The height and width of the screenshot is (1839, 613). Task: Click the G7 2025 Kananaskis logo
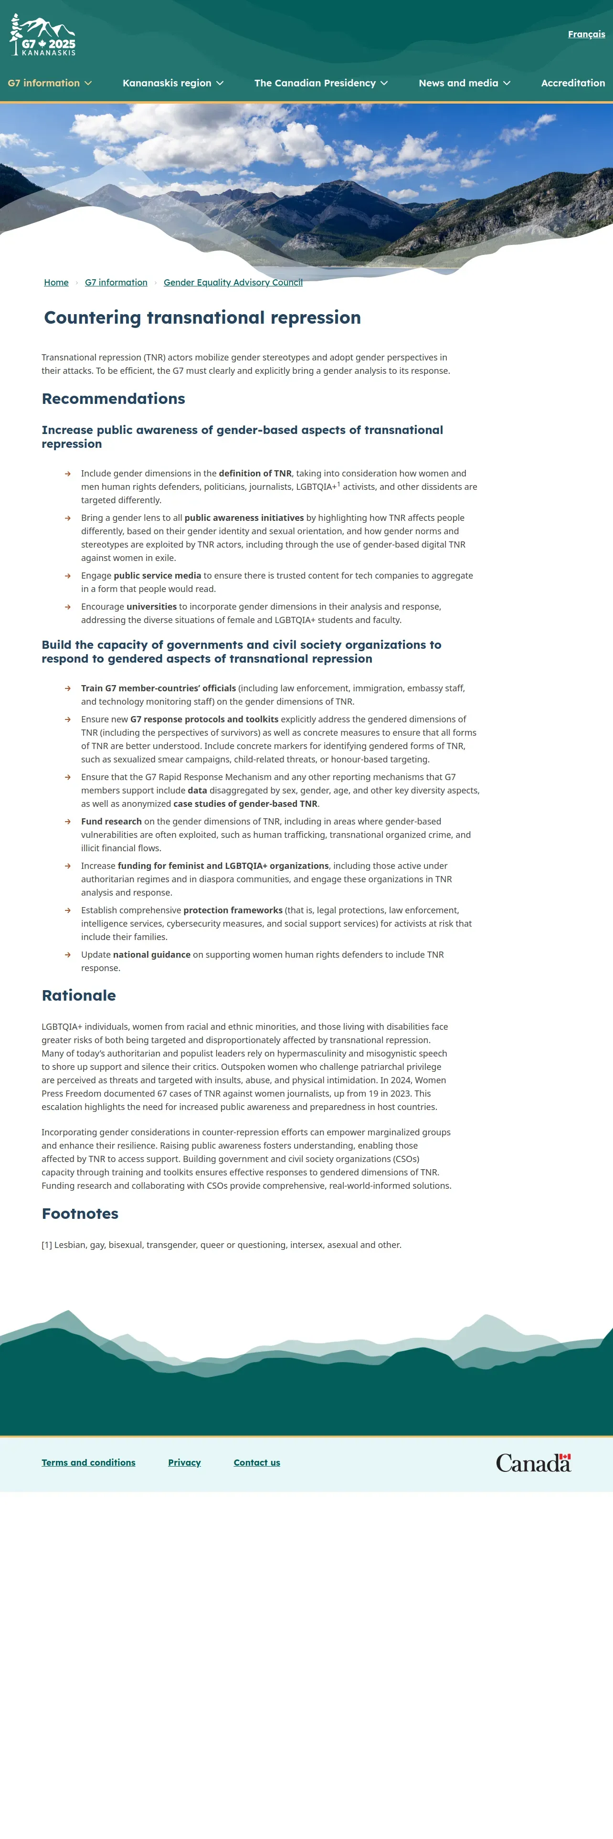tap(43, 36)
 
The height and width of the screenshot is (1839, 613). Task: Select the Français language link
tap(586, 34)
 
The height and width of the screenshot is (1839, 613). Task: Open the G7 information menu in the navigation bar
tap(49, 83)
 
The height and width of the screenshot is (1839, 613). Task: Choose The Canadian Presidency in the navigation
tap(320, 83)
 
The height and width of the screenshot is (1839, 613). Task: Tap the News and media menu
tap(464, 83)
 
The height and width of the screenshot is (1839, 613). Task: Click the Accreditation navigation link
tap(572, 83)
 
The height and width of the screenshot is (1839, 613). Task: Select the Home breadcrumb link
tap(56, 283)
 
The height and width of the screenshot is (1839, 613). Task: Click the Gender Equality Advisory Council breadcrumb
tap(233, 283)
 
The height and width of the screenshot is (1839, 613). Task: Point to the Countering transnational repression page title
tap(202, 317)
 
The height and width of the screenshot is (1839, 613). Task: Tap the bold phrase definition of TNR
tap(255, 473)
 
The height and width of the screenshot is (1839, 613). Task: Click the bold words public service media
tap(157, 575)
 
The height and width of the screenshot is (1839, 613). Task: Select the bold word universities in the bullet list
tap(151, 607)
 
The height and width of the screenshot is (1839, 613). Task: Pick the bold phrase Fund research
tap(111, 822)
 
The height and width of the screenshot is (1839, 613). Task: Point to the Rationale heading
tap(78, 995)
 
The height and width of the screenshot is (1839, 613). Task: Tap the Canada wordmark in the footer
tap(533, 1463)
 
